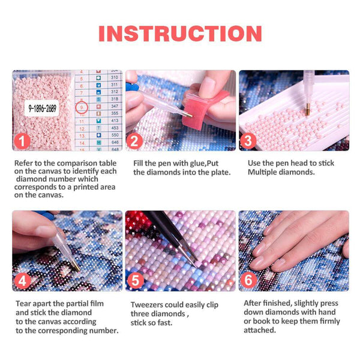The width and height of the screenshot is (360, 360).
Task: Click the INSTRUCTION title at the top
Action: [x=180, y=34]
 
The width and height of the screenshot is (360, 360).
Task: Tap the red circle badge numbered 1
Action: [x=22, y=142]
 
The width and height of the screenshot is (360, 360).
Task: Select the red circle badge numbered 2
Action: [x=135, y=142]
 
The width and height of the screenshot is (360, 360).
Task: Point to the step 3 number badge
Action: [x=248, y=142]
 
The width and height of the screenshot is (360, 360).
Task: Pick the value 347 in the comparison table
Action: [x=114, y=106]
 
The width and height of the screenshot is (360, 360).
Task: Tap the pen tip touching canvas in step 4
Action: [x=73, y=263]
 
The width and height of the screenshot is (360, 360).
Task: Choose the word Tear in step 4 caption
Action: [x=23, y=304]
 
